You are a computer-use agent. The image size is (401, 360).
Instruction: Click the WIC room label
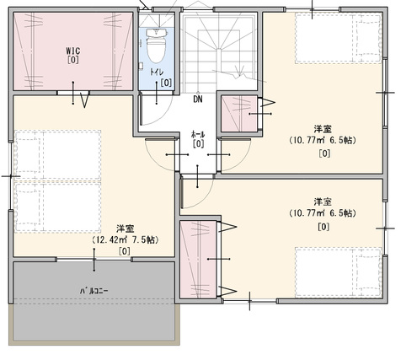[73, 51]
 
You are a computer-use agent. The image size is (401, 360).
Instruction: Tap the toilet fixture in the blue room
[156, 46]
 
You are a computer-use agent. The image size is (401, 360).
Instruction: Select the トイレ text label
[156, 72]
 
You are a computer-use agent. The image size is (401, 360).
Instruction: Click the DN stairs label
[198, 99]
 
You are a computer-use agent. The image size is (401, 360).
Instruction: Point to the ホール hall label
[198, 134]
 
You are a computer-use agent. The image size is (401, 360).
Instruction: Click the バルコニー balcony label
[94, 291]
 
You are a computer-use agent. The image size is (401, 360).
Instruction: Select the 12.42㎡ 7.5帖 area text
[126, 239]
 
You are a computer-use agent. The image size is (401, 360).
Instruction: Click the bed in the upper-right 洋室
[339, 39]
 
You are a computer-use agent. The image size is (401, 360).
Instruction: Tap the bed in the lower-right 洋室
[339, 271]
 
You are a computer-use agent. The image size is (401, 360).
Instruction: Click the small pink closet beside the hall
[239, 114]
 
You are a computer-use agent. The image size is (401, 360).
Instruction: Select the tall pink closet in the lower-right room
[198, 260]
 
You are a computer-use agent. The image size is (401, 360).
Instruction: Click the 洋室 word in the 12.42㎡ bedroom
[126, 228]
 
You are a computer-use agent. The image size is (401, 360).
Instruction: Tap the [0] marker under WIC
[73, 60]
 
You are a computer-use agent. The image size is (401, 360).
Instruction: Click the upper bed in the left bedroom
[58, 154]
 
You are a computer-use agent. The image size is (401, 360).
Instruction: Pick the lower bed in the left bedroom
[58, 207]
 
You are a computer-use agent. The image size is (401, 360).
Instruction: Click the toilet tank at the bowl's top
[156, 33]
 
